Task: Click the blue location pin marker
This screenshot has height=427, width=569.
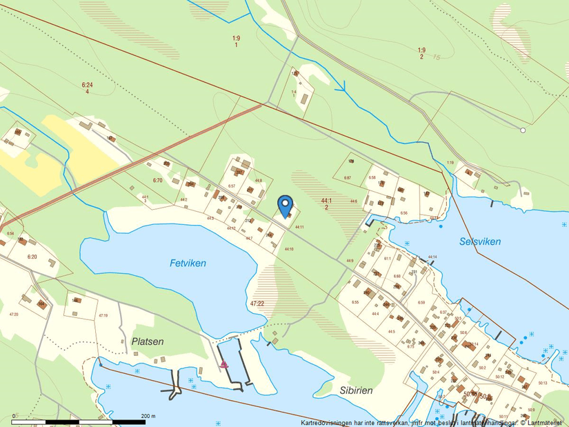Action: pyautogui.click(x=286, y=205)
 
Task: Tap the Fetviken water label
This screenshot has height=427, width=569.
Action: pyautogui.click(x=188, y=263)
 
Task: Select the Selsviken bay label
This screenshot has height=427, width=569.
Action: pyautogui.click(x=480, y=241)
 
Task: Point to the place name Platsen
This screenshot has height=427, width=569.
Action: pyautogui.click(x=148, y=341)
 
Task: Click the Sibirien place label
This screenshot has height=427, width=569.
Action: pyautogui.click(x=356, y=390)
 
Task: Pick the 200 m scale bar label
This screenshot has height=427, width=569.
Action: pyautogui.click(x=148, y=416)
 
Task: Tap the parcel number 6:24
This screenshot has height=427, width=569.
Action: pyautogui.click(x=87, y=86)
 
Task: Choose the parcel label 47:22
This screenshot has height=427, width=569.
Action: pyautogui.click(x=257, y=304)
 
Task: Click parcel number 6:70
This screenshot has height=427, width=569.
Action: pyautogui.click(x=157, y=181)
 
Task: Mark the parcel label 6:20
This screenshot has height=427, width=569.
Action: pyautogui.click(x=32, y=257)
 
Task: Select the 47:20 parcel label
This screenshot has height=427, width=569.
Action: pyautogui.click(x=13, y=315)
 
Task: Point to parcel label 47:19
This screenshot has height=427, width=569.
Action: pyautogui.click(x=103, y=316)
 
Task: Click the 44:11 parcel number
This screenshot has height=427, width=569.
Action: pyautogui.click(x=299, y=227)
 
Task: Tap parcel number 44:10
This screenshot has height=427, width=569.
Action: pyautogui.click(x=288, y=249)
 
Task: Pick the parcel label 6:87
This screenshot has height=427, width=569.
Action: pyautogui.click(x=348, y=178)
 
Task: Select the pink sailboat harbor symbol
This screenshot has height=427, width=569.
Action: pyautogui.click(x=223, y=364)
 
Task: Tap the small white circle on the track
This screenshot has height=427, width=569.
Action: pyautogui.click(x=523, y=130)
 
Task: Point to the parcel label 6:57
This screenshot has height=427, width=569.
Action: pyautogui.click(x=232, y=186)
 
